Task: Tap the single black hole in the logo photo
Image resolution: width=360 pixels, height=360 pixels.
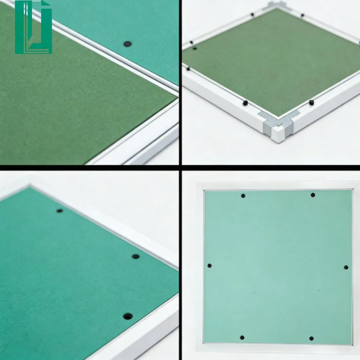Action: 127,44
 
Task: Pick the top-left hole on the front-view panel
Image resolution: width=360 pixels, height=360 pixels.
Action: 243,196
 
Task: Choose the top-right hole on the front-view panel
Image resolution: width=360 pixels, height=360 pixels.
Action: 313,195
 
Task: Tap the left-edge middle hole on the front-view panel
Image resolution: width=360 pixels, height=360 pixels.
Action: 209,266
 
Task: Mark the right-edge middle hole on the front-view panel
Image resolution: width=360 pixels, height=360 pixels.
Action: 346,267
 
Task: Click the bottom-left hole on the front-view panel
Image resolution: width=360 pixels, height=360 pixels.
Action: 242,337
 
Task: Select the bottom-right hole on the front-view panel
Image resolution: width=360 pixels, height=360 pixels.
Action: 311,338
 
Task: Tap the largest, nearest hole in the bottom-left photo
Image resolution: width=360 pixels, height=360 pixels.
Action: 127,316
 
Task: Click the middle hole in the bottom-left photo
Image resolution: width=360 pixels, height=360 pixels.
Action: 135,256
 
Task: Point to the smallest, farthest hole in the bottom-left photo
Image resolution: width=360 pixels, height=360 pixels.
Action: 60,211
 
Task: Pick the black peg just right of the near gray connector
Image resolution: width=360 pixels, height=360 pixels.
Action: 311,103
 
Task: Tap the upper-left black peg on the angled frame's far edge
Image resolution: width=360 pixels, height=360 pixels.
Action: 252,14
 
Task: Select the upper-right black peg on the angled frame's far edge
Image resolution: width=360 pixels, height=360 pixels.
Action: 302,15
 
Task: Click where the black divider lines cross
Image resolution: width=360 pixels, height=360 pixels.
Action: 180,167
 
